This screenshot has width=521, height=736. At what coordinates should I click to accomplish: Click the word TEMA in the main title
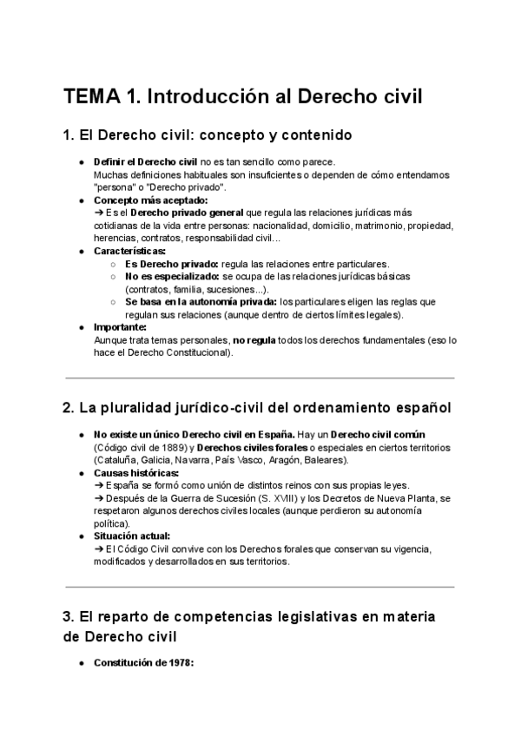[x=91, y=96]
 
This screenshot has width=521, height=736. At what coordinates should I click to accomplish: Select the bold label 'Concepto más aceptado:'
[x=138, y=200]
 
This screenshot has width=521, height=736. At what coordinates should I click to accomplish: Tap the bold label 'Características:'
[x=123, y=250]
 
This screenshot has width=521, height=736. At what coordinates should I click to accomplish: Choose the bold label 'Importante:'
[x=120, y=326]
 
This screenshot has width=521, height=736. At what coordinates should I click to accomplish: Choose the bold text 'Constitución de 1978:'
[x=142, y=664]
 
